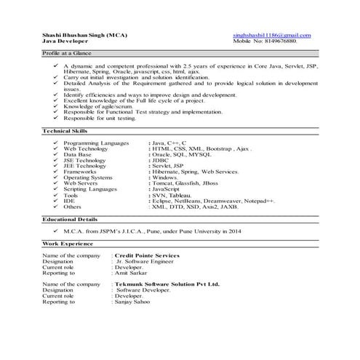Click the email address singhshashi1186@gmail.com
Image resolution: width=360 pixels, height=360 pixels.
(271, 35)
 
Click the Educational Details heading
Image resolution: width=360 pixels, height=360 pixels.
(71, 218)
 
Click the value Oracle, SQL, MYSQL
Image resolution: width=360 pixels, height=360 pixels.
(177, 155)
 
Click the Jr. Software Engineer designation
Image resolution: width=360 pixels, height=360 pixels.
(148, 263)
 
